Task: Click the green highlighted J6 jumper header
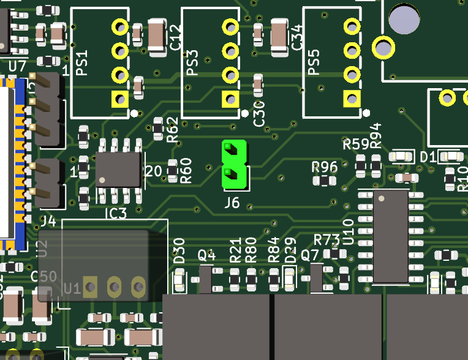pyautogui.click(x=235, y=164)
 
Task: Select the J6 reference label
pyautogui.click(x=232, y=203)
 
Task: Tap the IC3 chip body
pyautogui.click(x=119, y=169)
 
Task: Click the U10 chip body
pyautogui.click(x=390, y=236)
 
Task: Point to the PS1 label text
pyautogui.click(x=82, y=64)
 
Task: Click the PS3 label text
pyautogui.click(x=192, y=64)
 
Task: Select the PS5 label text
pyautogui.click(x=314, y=64)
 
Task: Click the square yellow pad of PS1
pyautogui.click(x=119, y=98)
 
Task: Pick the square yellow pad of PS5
pyautogui.click(x=352, y=98)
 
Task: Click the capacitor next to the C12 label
pyautogui.click(x=156, y=34)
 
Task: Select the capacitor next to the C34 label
pyautogui.click(x=279, y=34)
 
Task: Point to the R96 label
pyautogui.click(x=325, y=167)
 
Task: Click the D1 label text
pyautogui.click(x=428, y=157)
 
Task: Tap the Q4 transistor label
pyautogui.click(x=206, y=255)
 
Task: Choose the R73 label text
pyautogui.click(x=326, y=239)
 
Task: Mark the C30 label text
pyautogui.click(x=259, y=114)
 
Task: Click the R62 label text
pyautogui.click(x=173, y=129)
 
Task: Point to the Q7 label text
pyautogui.click(x=310, y=255)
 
